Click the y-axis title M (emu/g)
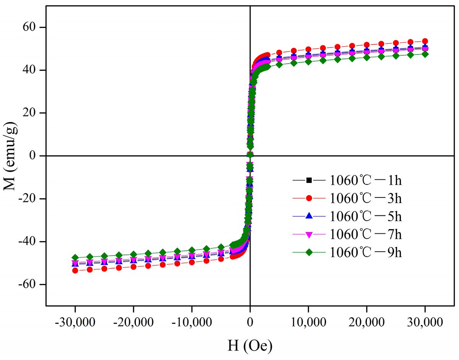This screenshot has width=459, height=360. [12, 155]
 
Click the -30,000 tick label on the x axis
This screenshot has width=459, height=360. [75, 321]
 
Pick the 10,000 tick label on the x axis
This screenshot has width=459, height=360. [308, 321]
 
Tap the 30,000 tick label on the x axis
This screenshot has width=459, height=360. [425, 321]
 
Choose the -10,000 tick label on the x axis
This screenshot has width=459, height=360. [192, 321]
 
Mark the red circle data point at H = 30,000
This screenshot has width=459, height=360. [425, 41]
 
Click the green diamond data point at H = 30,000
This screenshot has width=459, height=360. [425, 54]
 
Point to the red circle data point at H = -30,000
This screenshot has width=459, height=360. [75, 270]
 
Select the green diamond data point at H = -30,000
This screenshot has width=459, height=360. [75, 257]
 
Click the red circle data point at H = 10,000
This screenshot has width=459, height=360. [308, 49]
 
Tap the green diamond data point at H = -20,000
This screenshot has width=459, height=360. [133, 254]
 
